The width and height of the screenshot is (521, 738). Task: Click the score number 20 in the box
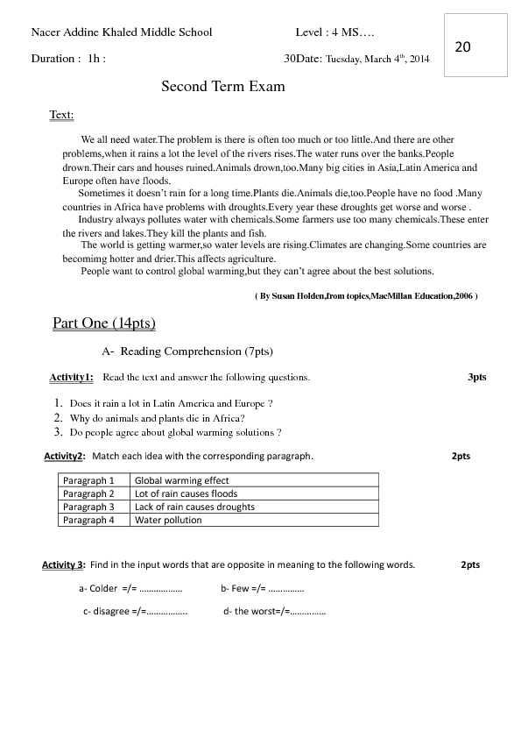tap(463, 46)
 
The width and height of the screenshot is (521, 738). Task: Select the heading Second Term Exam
tap(223, 87)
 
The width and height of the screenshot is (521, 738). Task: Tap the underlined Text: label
tap(61, 115)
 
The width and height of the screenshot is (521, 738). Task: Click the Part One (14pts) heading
tap(104, 323)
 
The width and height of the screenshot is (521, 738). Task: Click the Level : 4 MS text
tap(335, 32)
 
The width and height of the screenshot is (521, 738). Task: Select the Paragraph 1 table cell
tap(88, 480)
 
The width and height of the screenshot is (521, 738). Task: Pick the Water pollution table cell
tap(168, 520)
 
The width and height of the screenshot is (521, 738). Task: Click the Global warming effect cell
tap(181, 480)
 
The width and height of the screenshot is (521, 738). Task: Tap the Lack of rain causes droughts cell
tap(194, 507)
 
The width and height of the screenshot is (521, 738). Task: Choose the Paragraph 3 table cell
tap(88, 507)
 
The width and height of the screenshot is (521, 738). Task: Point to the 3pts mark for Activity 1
tap(477, 377)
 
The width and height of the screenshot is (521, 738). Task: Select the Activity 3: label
tap(63, 564)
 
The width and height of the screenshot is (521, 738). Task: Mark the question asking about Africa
tap(157, 418)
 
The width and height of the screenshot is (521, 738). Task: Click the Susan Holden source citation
tap(365, 297)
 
